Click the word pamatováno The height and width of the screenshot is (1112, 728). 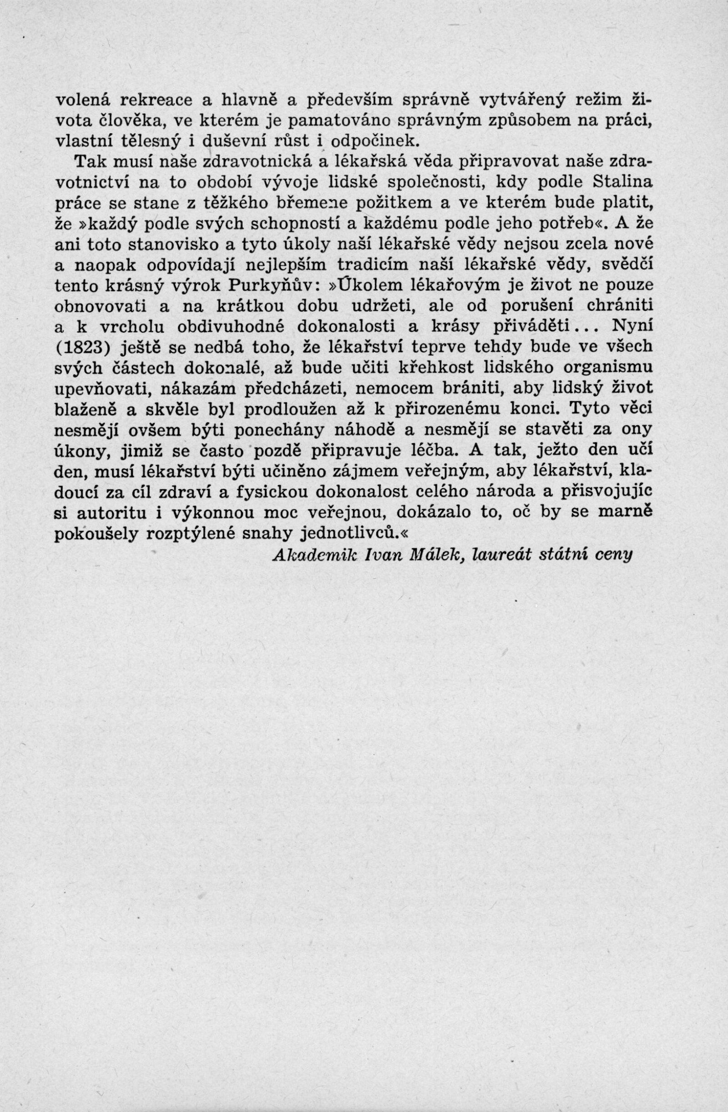tap(339, 120)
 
